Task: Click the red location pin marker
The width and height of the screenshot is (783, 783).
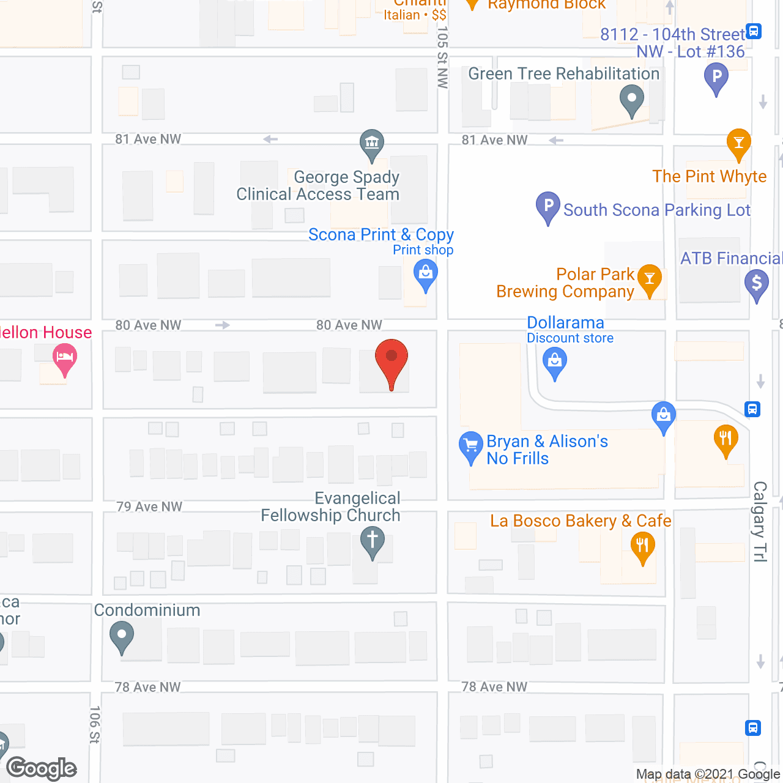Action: pos(391,358)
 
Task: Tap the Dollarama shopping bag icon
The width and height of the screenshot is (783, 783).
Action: pos(555,360)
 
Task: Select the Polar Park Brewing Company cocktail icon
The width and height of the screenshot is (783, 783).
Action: pos(650,278)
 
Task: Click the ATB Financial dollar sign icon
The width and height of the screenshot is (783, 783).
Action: pos(757,283)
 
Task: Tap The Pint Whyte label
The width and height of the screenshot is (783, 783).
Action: pos(709,176)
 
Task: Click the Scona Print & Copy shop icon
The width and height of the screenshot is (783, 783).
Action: pos(425,272)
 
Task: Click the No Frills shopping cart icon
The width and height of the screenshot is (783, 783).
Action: pos(470,445)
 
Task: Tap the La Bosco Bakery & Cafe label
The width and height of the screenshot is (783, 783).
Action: pos(581,521)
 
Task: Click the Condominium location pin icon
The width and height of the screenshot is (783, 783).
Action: pos(122,635)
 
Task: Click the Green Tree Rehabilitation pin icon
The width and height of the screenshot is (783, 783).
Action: pos(632,98)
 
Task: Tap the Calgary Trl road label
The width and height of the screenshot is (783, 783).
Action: pos(760,521)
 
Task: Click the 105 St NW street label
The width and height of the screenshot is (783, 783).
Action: pos(443,58)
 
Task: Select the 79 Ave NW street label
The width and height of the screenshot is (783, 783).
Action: pos(149,507)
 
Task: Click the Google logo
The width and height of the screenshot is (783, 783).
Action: pos(42,768)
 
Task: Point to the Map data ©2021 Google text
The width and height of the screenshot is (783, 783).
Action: pos(708,774)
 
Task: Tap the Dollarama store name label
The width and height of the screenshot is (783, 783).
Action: pos(565,322)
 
